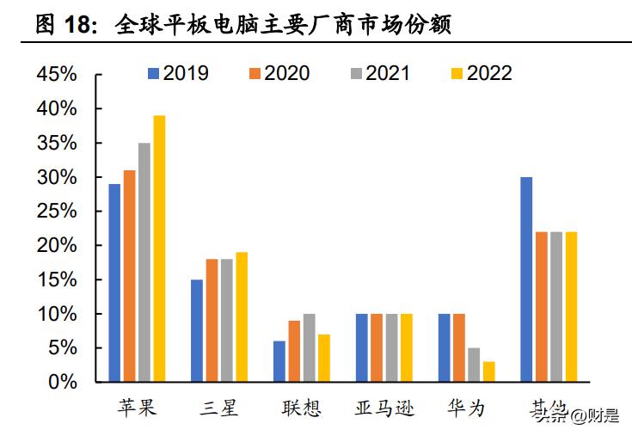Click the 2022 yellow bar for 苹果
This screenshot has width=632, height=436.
coord(159,249)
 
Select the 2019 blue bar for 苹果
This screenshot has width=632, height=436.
coord(114,283)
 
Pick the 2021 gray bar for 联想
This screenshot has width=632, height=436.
coord(310,348)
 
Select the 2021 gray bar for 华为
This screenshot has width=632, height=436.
coord(474,365)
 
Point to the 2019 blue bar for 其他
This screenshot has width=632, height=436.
coord(526,279)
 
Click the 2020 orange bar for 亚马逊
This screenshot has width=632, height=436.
coord(377,348)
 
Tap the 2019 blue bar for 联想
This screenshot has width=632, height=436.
coord(279,361)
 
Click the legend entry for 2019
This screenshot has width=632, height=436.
coord(178,73)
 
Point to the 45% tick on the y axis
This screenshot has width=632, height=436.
coord(57,75)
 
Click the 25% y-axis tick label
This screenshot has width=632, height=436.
coord(57,212)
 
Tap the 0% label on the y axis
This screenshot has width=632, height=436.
coord(63,383)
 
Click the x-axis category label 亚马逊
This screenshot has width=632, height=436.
coord(384,408)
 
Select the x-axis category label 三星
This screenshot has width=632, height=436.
coord(218,408)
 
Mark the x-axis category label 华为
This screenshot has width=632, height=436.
coord(466,408)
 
